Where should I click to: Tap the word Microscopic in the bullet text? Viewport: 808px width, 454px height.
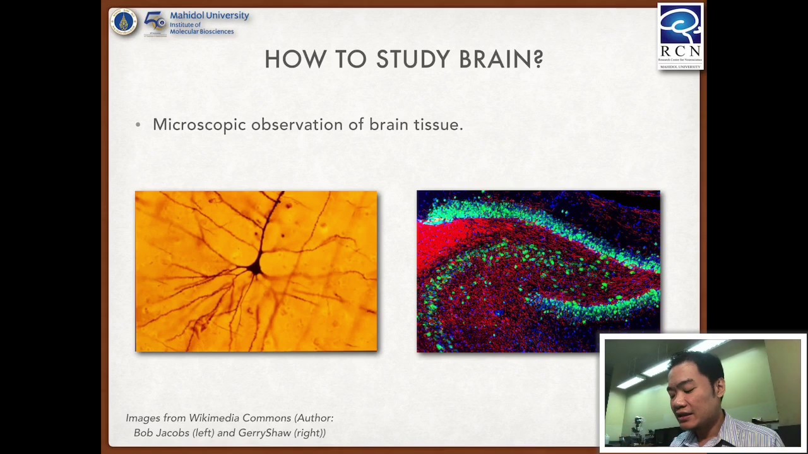click(199, 125)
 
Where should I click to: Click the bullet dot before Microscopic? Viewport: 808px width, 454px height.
click(138, 125)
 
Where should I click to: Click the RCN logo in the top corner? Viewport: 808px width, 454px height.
click(680, 36)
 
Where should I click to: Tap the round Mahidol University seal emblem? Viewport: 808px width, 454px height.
click(124, 23)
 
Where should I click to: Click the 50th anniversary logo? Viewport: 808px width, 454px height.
click(155, 23)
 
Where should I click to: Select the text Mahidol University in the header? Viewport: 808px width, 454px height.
click(209, 15)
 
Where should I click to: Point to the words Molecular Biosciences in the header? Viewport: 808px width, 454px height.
click(201, 32)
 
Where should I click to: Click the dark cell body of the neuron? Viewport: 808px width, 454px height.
click(255, 269)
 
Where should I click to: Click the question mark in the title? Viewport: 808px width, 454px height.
click(538, 59)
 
